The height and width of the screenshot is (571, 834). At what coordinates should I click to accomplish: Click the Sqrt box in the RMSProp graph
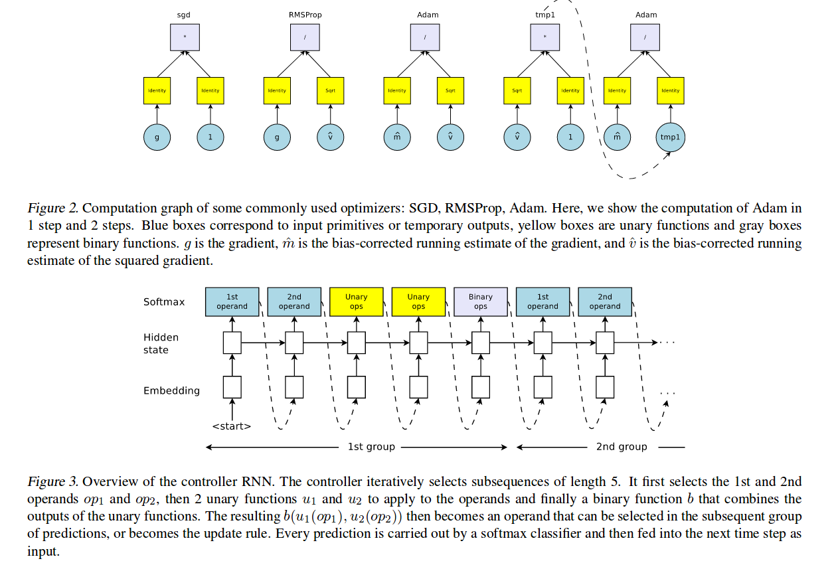coord(331,90)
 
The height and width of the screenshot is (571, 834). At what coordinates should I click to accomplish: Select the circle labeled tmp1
coord(670,137)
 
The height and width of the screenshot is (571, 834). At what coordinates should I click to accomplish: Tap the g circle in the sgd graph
coord(157,137)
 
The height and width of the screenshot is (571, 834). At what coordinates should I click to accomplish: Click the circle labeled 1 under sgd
coord(210,137)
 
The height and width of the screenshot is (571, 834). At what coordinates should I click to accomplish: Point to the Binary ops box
coord(480,301)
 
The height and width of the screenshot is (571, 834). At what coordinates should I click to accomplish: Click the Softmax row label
coord(164,302)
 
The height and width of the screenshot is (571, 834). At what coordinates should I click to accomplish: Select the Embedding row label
coord(171,390)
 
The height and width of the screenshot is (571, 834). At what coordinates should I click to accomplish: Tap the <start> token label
coord(232,426)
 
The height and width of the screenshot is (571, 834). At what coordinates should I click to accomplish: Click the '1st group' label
coord(371,447)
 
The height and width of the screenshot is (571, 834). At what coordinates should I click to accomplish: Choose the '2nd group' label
coord(621,447)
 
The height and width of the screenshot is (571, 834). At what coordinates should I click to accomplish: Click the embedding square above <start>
coord(232,386)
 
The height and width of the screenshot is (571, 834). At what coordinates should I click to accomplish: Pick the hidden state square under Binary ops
coord(480,343)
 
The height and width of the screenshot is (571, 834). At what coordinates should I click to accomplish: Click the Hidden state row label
coord(161,343)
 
